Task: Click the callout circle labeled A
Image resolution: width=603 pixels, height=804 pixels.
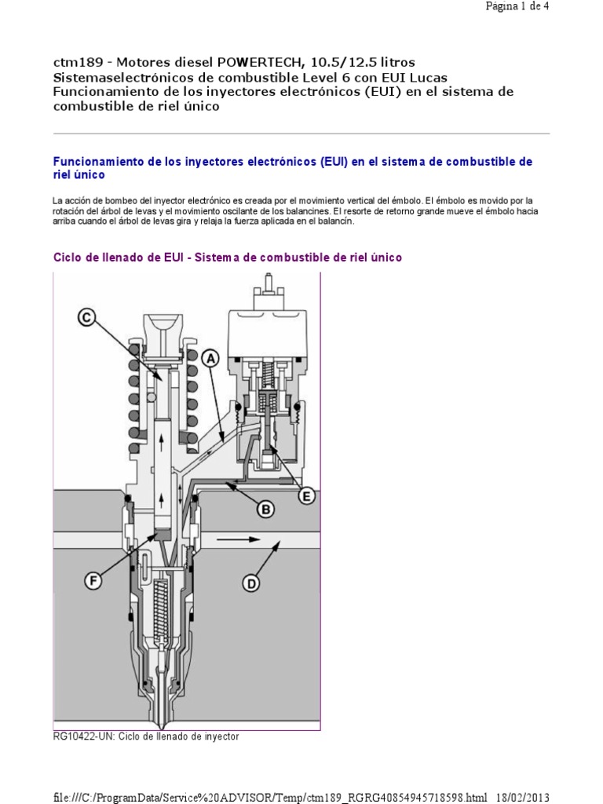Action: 210,357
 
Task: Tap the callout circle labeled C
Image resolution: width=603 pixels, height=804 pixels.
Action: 86,317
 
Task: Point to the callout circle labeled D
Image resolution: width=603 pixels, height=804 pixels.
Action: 250,583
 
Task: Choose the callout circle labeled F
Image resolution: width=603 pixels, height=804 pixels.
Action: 93,581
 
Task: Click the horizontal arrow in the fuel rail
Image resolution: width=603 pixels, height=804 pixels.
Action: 237,539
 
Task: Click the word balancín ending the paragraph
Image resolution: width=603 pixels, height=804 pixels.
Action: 337,221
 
